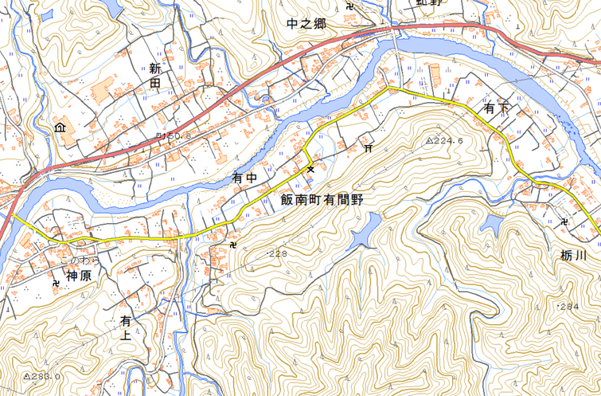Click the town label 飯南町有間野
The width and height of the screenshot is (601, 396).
pos(322,199)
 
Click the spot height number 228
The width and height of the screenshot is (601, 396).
pos(278,254)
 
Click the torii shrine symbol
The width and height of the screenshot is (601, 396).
pos(369,147)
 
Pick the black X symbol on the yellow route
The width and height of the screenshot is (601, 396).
pos(310,168)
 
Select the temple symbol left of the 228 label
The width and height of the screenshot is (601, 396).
pos(232,244)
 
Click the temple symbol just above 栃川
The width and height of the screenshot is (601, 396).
pos(564,221)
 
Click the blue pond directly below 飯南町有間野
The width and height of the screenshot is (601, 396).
pos(362,234)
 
